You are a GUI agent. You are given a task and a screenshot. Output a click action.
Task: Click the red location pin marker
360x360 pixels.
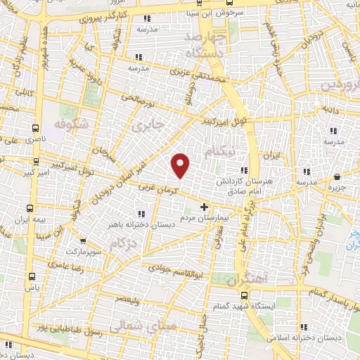click(x=181, y=165)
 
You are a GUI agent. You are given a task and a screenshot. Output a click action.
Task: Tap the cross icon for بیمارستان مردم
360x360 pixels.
click(x=205, y=207)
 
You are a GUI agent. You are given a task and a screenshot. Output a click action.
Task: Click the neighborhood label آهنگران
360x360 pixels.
click(x=247, y=280)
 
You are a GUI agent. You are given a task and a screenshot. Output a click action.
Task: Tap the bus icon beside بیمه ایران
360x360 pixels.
click(x=30, y=208)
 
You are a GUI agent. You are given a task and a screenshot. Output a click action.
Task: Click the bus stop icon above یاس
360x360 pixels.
click(x=31, y=276)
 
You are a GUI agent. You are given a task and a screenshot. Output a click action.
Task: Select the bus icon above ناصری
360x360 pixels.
click(x=35, y=128)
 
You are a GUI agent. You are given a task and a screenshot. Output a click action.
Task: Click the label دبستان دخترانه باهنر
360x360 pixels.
click(x=142, y=224)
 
